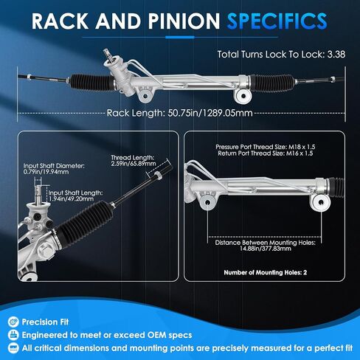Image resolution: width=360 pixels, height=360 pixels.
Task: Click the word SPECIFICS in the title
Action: tap(277, 21)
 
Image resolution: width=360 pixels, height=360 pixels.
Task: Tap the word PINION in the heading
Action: tap(184, 21)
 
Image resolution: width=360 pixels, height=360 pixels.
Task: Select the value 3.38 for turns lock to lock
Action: tap(336, 55)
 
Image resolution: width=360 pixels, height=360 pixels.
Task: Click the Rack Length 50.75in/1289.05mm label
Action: tap(180, 113)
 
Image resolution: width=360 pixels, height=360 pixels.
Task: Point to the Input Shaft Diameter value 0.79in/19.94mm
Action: tap(46, 172)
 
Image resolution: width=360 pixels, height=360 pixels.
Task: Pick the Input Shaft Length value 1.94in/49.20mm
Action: tap(71, 198)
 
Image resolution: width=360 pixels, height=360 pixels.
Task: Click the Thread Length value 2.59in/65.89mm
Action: tap(134, 164)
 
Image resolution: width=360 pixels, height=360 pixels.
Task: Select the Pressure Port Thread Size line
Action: tap(266, 147)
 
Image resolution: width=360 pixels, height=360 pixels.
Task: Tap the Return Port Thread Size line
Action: tap(266, 153)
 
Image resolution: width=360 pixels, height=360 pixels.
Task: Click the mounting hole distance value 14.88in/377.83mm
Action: tap(266, 249)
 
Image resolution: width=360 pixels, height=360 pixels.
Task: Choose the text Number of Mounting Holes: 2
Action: tap(266, 272)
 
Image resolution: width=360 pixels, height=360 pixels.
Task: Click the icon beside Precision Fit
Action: tap(13, 322)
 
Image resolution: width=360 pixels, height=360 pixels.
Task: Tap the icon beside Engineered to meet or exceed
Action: tap(13, 335)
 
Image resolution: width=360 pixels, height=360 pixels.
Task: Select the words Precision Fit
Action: tap(45, 322)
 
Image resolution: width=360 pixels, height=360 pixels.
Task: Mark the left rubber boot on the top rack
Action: tap(91, 82)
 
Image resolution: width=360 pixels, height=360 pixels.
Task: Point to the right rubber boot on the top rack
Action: tap(271, 83)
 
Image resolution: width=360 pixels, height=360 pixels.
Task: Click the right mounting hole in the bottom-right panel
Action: tap(321, 202)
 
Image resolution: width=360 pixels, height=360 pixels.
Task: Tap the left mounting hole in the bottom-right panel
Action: tap(207, 202)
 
